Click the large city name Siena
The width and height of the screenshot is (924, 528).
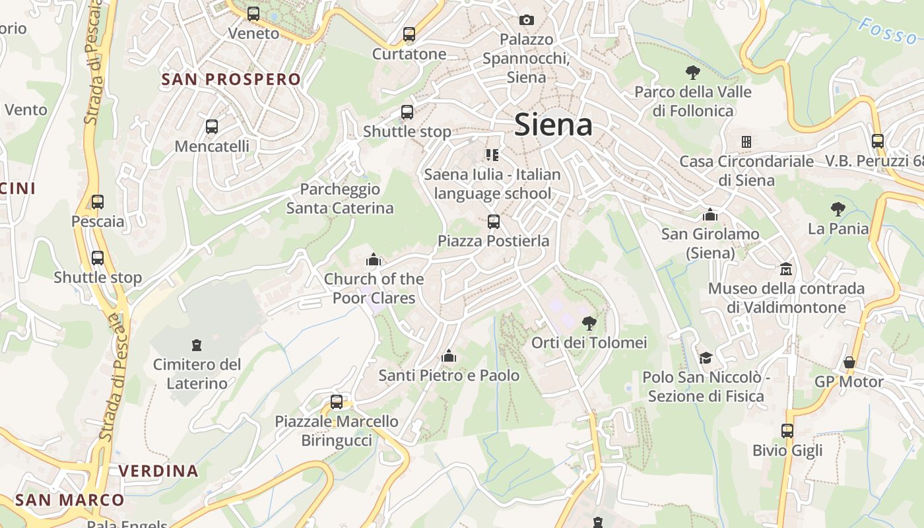553,124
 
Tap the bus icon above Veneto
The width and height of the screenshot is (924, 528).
253,13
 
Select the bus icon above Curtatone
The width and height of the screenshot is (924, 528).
409,34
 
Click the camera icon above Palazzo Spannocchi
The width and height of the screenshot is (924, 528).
526,20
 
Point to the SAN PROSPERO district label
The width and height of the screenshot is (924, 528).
231,79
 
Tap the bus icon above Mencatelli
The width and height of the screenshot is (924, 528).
212,126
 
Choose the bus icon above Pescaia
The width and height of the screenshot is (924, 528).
98,201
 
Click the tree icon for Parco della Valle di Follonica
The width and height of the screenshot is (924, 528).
692,72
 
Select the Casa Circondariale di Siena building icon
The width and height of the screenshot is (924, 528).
746,142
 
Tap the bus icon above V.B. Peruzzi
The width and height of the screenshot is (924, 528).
877,141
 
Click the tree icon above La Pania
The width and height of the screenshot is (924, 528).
838,209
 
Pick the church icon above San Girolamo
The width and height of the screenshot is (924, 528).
710,214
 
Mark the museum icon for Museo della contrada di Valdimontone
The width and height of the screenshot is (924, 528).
785,269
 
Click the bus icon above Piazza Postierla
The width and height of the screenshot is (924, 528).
493,222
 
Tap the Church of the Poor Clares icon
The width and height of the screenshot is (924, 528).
374,259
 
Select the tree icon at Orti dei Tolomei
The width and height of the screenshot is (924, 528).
589,323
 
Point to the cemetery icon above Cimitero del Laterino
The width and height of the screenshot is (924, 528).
196,345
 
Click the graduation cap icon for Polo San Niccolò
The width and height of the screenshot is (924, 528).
706,358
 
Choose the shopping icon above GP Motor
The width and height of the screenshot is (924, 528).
849,362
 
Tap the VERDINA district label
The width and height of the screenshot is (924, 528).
158,471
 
